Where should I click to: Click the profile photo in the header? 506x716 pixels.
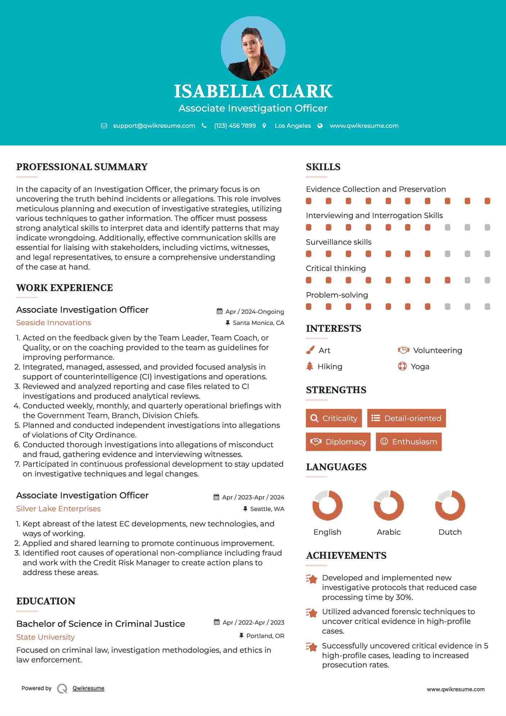[253, 48]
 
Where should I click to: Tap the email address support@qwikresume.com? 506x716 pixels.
[154, 126]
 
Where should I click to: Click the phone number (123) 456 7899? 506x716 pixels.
[235, 126]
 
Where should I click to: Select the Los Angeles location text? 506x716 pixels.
[292, 126]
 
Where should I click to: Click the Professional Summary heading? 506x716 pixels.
[82, 167]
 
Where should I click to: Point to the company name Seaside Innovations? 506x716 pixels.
[54, 323]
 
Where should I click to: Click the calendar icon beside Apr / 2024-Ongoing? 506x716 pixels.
[219, 311]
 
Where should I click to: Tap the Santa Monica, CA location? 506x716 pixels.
[258, 323]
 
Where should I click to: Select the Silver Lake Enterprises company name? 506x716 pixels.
[58, 509]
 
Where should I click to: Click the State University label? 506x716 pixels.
[45, 637]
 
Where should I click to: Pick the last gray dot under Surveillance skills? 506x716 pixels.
[487, 254]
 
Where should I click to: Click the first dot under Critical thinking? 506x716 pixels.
[309, 280]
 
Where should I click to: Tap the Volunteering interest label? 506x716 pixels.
[437, 350]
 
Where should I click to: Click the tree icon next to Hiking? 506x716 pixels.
[310, 366]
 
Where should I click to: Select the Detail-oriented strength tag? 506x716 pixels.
[406, 418]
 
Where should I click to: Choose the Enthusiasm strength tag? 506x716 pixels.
[409, 442]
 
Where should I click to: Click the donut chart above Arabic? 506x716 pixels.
[388, 505]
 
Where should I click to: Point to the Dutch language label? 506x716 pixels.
[450, 532]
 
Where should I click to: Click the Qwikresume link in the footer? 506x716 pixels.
[88, 688]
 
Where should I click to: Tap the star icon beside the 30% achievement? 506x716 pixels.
[311, 579]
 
